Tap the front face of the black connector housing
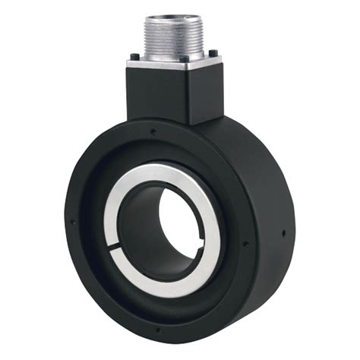tap(156, 95)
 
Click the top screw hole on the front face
tap(153, 130)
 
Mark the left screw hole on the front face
tap(72, 222)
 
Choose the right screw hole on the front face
tap(245, 244)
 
